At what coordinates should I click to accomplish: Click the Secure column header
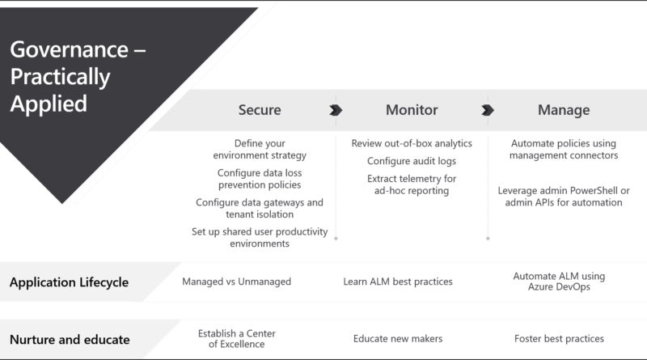pos(260,110)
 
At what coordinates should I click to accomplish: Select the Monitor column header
pos(412,110)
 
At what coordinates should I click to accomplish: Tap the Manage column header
pos(564,110)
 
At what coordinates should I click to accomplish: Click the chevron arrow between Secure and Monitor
pos(336,110)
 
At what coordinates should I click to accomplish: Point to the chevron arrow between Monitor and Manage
pos(488,110)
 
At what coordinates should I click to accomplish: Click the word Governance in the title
pos(70,49)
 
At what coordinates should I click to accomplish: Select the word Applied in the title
pos(49,104)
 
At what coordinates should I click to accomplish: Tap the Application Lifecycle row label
pos(69,282)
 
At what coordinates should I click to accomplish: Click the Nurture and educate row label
pos(70,339)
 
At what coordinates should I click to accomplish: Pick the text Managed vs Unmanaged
pos(236,282)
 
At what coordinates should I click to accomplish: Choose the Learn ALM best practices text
pos(398,282)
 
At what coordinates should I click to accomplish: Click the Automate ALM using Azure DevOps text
pos(559,282)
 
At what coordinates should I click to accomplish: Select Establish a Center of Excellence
pos(236,338)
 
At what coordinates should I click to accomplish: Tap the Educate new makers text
pos(398,338)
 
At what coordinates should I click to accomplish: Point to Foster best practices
pos(559,338)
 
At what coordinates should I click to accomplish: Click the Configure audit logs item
pos(412,161)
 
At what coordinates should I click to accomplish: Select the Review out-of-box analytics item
pos(412,143)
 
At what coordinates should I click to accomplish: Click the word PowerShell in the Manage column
pos(591,190)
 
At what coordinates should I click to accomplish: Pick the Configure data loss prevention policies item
pos(260,179)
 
